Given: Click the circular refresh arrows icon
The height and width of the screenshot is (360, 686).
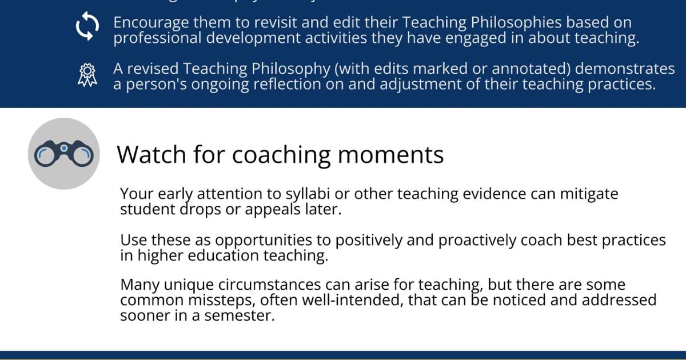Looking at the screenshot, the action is [x=87, y=26].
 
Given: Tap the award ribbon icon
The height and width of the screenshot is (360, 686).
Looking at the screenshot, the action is [x=87, y=75].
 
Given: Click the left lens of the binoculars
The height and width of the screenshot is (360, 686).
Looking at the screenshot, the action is [x=45, y=155].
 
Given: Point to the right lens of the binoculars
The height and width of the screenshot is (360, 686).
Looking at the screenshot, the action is [x=82, y=155].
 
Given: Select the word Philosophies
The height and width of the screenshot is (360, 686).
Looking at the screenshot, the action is [x=516, y=23].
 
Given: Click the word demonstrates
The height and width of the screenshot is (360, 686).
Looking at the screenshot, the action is [x=625, y=69].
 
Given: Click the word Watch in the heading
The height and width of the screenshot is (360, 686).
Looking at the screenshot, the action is [x=151, y=155].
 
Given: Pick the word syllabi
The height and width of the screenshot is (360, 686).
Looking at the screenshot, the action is [x=308, y=194].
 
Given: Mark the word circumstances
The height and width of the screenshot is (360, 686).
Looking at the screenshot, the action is [x=269, y=285].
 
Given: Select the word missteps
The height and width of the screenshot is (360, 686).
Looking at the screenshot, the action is [x=222, y=301].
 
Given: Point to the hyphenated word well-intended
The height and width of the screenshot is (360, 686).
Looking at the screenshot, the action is [x=351, y=301].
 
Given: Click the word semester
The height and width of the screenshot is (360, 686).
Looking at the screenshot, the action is [x=240, y=316].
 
